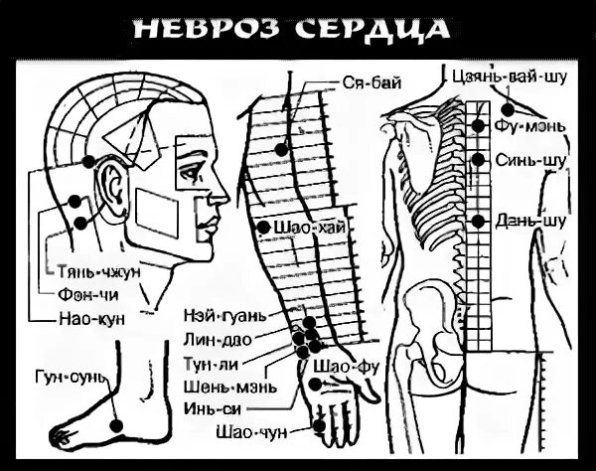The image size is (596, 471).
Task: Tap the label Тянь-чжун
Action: [x=92, y=270]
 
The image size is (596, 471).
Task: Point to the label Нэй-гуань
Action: [x=224, y=316]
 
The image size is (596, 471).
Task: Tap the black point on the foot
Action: [x=116, y=424]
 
